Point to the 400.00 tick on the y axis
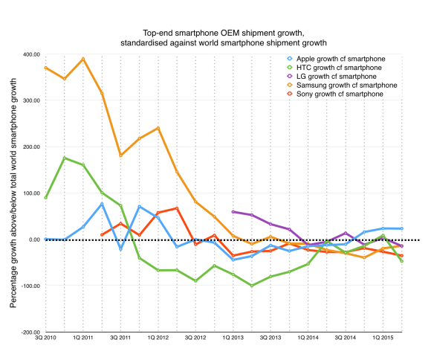[30, 54]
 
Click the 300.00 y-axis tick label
[30, 100]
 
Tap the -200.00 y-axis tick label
[29, 332]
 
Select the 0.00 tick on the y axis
[33, 240]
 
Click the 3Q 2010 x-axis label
[45, 340]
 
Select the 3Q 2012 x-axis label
[195, 340]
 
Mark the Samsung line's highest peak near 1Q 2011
[83, 59]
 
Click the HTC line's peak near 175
[65, 158]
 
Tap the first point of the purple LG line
[233, 212]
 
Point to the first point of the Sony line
[102, 235]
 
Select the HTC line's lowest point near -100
[252, 286]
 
